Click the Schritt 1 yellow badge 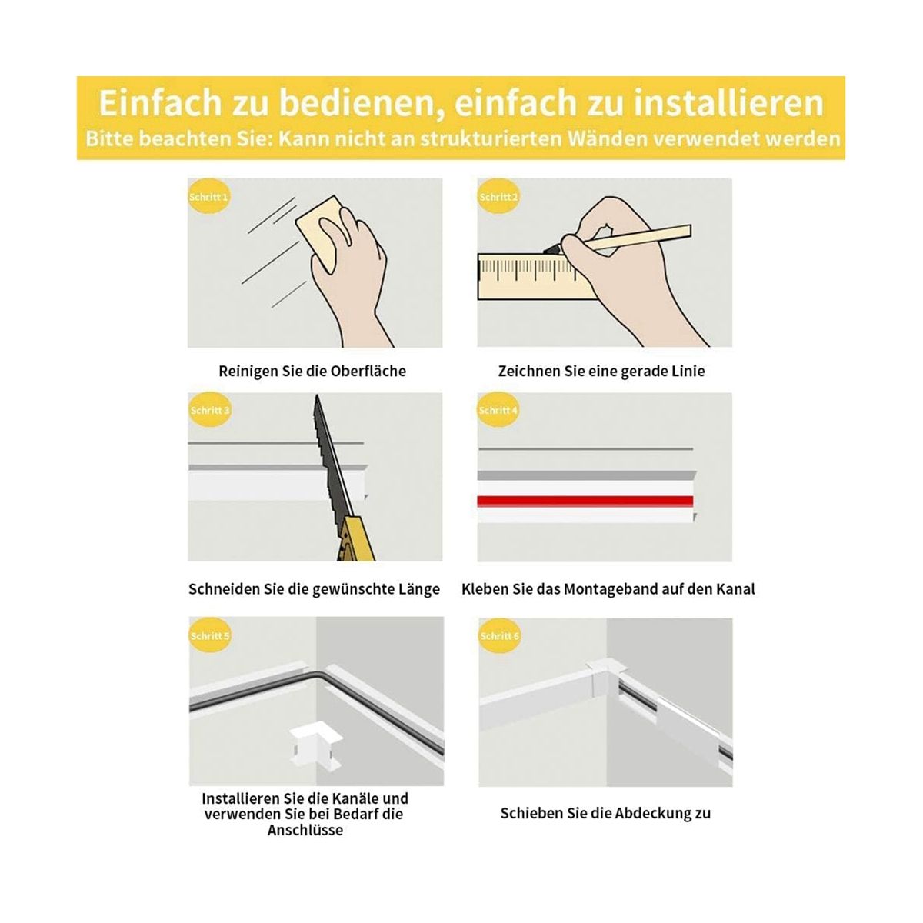[x=208, y=196]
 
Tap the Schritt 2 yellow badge [x=498, y=196]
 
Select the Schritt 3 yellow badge [x=209, y=410]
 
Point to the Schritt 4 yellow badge [x=498, y=410]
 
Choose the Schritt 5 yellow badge [x=209, y=635]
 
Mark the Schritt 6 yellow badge [x=499, y=635]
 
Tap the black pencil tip [x=551, y=248]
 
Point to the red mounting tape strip [x=585, y=501]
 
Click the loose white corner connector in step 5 [x=315, y=742]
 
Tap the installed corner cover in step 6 [x=601, y=680]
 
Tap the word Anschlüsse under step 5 [x=305, y=830]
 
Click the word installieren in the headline [x=728, y=102]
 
